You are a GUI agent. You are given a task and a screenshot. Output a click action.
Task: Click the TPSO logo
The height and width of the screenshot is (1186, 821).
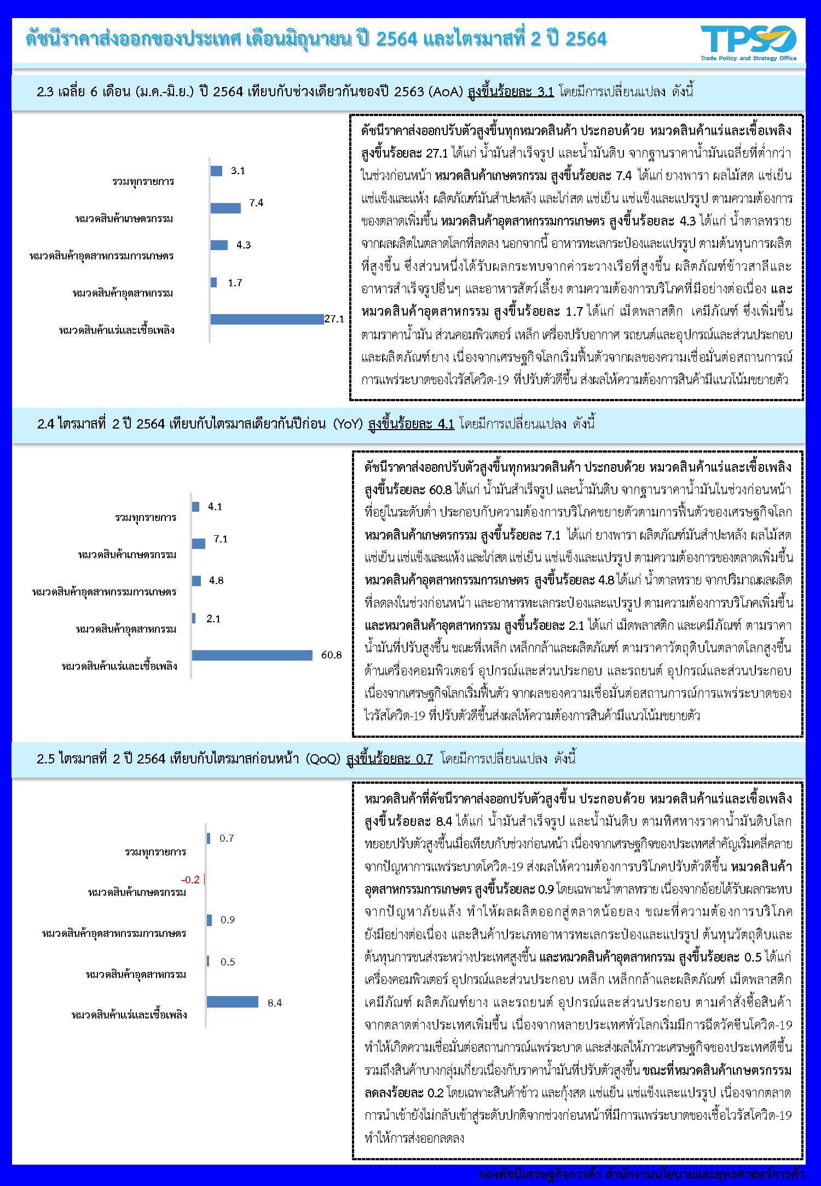click(x=748, y=42)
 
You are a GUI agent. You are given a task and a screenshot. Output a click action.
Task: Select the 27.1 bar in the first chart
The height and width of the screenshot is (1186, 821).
click(x=267, y=319)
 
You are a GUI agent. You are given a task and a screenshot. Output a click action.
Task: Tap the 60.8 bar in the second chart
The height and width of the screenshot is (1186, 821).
click(x=252, y=655)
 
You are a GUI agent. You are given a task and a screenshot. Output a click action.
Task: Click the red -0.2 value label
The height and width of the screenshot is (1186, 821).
click(x=190, y=880)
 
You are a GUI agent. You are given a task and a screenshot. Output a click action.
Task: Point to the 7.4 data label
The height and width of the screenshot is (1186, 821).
click(x=256, y=203)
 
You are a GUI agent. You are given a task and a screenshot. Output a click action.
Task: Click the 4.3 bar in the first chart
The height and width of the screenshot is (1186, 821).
click(x=219, y=245)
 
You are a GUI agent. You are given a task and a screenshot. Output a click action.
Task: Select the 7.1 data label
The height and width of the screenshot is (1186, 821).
click(x=221, y=539)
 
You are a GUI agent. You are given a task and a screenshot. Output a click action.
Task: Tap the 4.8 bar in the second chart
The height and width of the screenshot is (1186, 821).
click(x=196, y=581)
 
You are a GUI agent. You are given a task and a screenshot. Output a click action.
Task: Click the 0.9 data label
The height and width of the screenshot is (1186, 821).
click(x=228, y=920)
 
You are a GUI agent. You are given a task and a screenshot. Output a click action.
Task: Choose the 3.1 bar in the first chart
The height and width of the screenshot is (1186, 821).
click(x=216, y=171)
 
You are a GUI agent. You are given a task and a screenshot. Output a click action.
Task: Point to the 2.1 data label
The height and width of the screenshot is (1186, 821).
click(x=213, y=619)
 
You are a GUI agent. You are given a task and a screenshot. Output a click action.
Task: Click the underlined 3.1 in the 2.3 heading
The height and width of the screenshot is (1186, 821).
click(x=545, y=91)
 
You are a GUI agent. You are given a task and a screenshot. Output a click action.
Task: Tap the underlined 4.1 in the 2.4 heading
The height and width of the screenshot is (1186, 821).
click(x=446, y=424)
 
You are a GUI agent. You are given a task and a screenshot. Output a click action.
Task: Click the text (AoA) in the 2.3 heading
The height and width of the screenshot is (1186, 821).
click(x=446, y=91)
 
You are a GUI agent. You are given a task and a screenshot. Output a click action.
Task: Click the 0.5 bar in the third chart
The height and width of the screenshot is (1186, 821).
click(x=208, y=961)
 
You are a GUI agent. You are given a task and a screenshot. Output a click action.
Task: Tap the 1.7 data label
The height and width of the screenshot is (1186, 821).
click(x=235, y=283)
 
